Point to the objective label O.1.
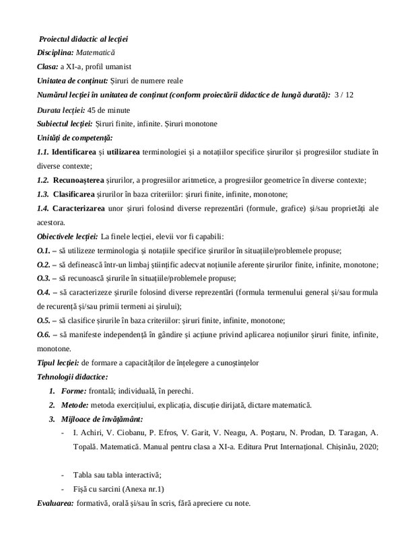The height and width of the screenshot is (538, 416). (45, 249)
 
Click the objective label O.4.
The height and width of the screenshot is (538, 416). (45, 293)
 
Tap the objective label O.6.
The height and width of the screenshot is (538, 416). (45, 335)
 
